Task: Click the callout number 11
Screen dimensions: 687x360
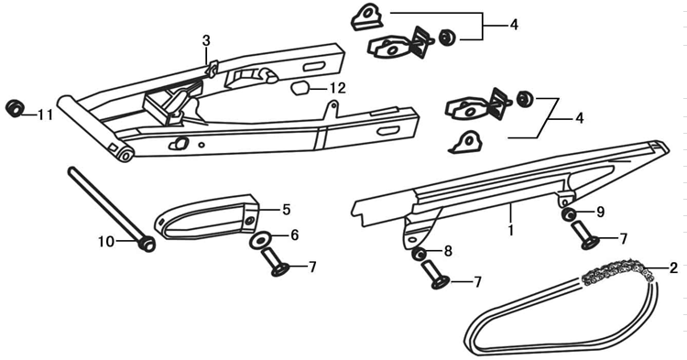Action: [x=45, y=115]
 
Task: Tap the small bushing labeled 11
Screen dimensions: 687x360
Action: [x=15, y=108]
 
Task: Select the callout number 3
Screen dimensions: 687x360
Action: [x=206, y=40]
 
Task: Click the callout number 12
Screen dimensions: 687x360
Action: [x=338, y=88]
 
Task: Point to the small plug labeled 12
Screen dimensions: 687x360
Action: [x=300, y=88]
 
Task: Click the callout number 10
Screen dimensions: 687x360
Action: [x=106, y=241]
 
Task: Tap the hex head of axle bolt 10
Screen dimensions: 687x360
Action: [x=147, y=244]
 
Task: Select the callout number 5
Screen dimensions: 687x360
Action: [x=286, y=210]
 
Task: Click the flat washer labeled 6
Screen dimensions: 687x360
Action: [x=259, y=240]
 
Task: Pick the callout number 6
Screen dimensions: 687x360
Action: [x=294, y=235]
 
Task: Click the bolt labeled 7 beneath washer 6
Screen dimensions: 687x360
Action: [x=274, y=262]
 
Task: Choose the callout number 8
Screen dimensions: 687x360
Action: [x=448, y=251]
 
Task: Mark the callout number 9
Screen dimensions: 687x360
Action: [x=600, y=212]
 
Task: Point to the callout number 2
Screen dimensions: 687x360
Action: [x=673, y=267]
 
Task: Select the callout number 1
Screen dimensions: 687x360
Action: [x=510, y=230]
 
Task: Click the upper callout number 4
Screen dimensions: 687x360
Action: [x=514, y=25]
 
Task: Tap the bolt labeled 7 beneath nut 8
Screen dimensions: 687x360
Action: [x=435, y=275]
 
